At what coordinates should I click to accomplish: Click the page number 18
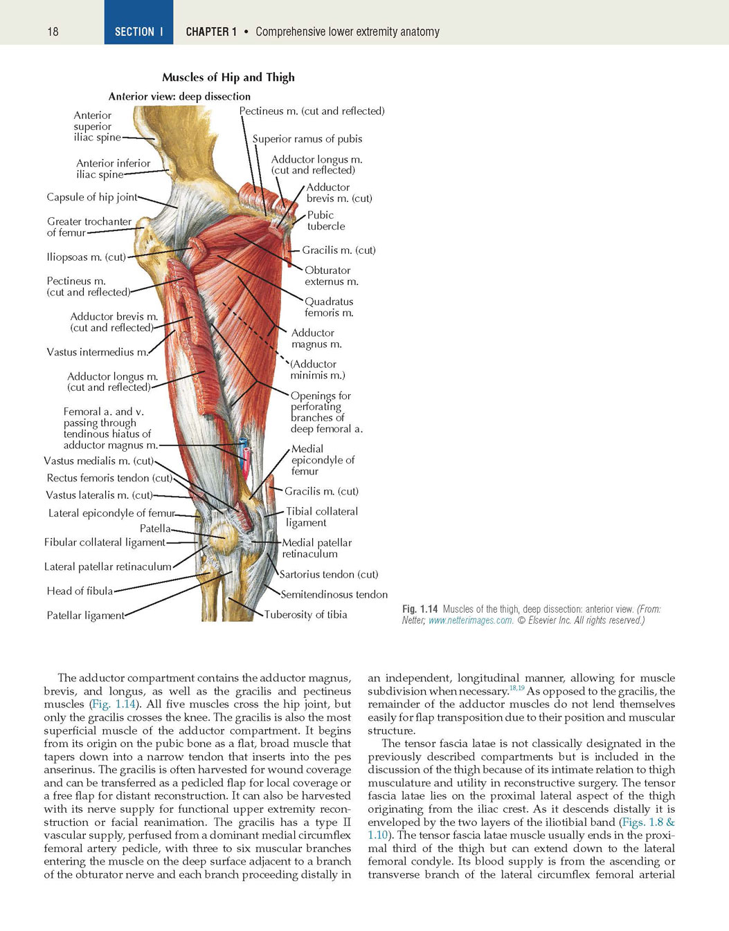click(53, 32)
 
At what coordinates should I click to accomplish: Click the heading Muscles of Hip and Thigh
click(228, 77)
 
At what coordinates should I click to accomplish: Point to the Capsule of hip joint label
click(92, 197)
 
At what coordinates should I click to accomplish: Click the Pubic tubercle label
click(326, 221)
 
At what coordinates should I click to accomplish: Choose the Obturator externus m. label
click(332, 276)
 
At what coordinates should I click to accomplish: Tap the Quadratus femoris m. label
click(329, 307)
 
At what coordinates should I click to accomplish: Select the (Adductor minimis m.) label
click(317, 370)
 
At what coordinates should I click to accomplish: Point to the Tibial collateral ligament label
click(322, 517)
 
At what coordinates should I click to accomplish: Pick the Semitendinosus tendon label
click(334, 595)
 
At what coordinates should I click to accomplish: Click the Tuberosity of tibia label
click(305, 615)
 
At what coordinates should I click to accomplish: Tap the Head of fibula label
click(80, 591)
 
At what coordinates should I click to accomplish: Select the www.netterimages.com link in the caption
click(470, 620)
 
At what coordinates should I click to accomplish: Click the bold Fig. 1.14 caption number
click(420, 609)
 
